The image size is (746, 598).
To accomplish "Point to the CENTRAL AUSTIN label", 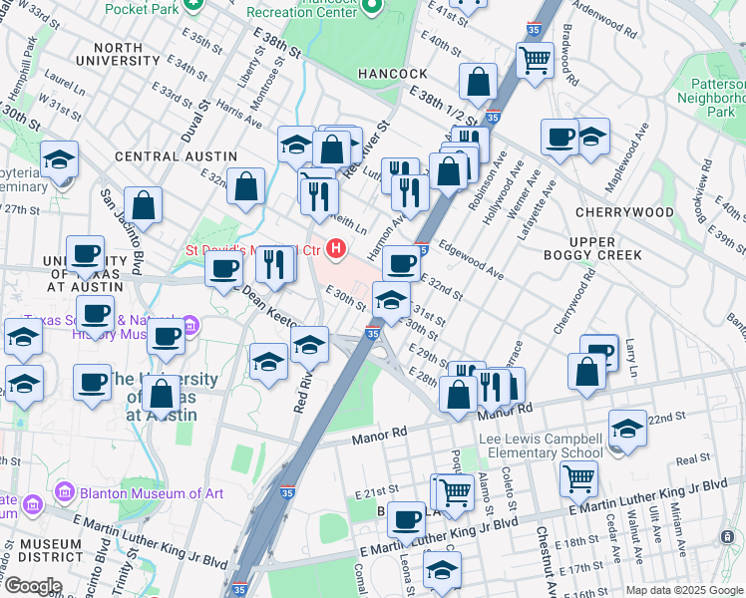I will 176,156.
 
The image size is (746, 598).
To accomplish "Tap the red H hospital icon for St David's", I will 337,248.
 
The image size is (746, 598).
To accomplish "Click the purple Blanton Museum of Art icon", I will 66,491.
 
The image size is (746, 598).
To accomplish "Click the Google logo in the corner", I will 32,586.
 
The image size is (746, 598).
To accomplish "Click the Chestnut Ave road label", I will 543,548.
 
